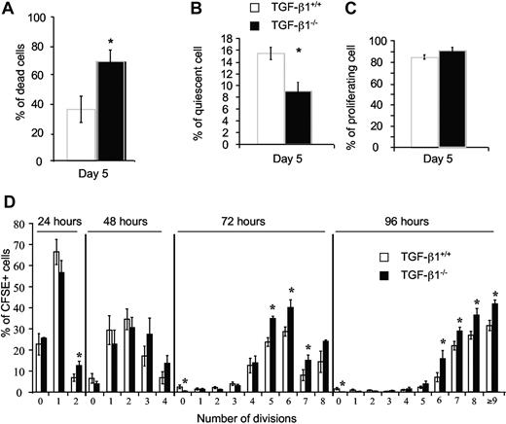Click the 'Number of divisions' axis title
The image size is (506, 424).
tap(260, 418)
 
